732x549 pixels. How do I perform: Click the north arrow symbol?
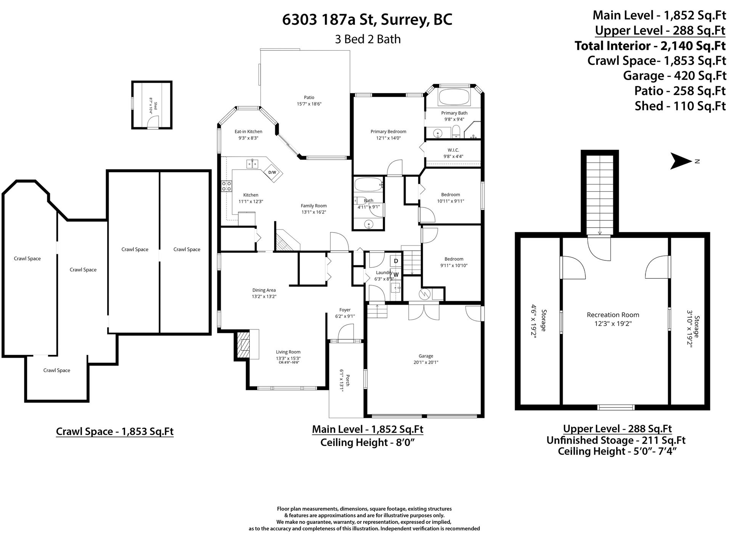(681, 161)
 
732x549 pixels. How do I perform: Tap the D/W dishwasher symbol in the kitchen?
(272, 172)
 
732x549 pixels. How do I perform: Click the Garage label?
(426, 356)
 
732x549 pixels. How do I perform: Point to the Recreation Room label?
(613, 315)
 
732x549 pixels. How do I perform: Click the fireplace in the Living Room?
(243, 344)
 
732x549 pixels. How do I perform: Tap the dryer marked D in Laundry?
(396, 261)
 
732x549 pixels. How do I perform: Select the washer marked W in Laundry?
(396, 274)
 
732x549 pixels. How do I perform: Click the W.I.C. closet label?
(453, 150)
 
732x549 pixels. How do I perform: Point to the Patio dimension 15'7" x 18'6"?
(309, 104)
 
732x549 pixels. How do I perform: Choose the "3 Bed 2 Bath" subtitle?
(368, 39)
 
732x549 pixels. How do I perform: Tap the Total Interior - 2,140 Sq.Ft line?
(650, 46)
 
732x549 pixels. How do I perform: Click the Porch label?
(347, 380)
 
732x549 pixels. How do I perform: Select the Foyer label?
(345, 310)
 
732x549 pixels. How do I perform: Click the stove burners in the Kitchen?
(227, 186)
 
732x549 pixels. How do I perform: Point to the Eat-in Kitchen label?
(248, 132)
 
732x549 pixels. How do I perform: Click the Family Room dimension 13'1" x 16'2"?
(314, 212)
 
